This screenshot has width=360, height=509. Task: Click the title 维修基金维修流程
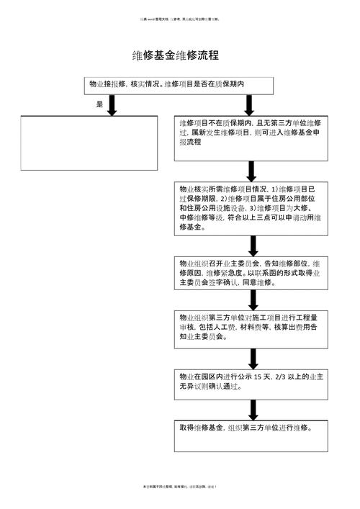pyautogui.click(x=175, y=55)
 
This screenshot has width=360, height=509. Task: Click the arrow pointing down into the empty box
pyautogui.click(x=113, y=105)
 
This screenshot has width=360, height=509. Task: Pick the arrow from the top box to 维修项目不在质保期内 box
pyautogui.click(x=252, y=105)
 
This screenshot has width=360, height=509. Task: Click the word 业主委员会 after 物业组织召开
pyautogui.click(x=237, y=264)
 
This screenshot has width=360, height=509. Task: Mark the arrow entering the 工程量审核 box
pyautogui.click(x=252, y=300)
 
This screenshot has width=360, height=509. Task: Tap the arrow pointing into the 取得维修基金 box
pyautogui.click(x=252, y=409)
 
